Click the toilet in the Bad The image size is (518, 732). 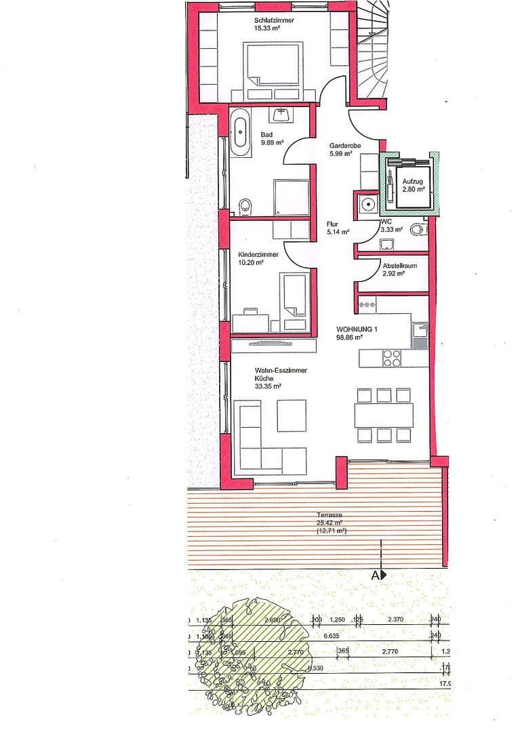246,205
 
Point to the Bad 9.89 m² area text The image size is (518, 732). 271,138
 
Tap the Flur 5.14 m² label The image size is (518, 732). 338,227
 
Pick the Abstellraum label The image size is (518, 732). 399,270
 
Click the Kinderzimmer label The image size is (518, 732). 257,259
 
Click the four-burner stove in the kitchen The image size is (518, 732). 392,357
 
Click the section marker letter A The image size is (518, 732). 374,575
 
